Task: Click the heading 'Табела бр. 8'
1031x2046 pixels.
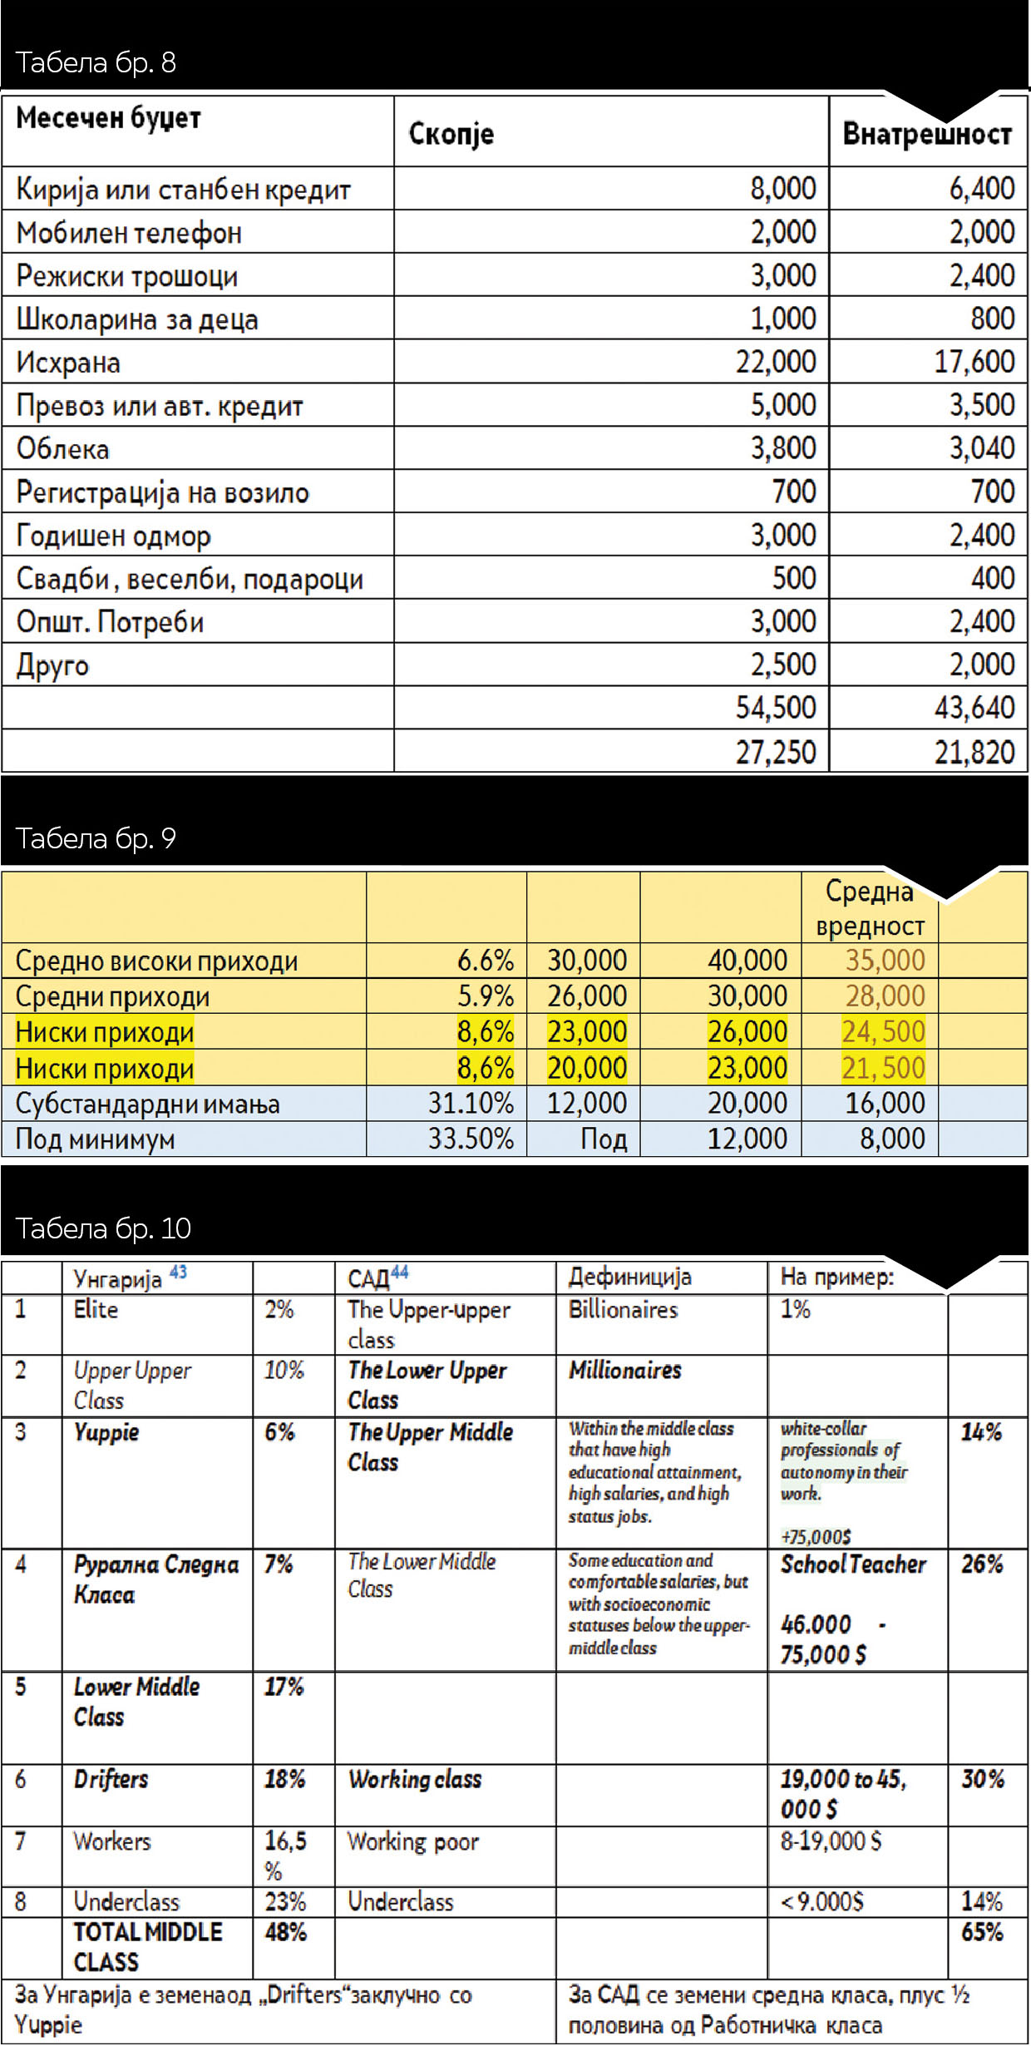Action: (96, 62)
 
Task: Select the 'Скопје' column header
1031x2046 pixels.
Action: (451, 134)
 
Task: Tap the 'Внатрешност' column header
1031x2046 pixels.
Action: (927, 134)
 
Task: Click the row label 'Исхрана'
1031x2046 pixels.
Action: (68, 363)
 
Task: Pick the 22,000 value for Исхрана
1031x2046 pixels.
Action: (776, 362)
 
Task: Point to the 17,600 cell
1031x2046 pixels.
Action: (974, 362)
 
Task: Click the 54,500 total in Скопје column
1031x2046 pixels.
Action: (776, 708)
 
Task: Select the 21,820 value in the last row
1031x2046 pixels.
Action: (974, 752)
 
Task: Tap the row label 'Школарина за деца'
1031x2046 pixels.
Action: (137, 319)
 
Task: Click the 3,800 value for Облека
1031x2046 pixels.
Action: (783, 448)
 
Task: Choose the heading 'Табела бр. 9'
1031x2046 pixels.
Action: (96, 838)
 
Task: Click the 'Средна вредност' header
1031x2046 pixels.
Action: (870, 908)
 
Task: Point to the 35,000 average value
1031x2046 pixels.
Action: (885, 961)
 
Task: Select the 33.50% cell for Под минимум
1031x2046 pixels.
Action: (471, 1139)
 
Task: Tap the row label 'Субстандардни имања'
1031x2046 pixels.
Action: (147, 1104)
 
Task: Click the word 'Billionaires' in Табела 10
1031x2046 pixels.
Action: (623, 1310)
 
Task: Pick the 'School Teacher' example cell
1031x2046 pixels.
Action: (853, 1564)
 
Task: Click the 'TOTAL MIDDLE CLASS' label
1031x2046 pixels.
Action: (147, 1947)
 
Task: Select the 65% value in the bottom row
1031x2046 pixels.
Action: (982, 1932)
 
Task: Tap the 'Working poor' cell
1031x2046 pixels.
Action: (413, 1842)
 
